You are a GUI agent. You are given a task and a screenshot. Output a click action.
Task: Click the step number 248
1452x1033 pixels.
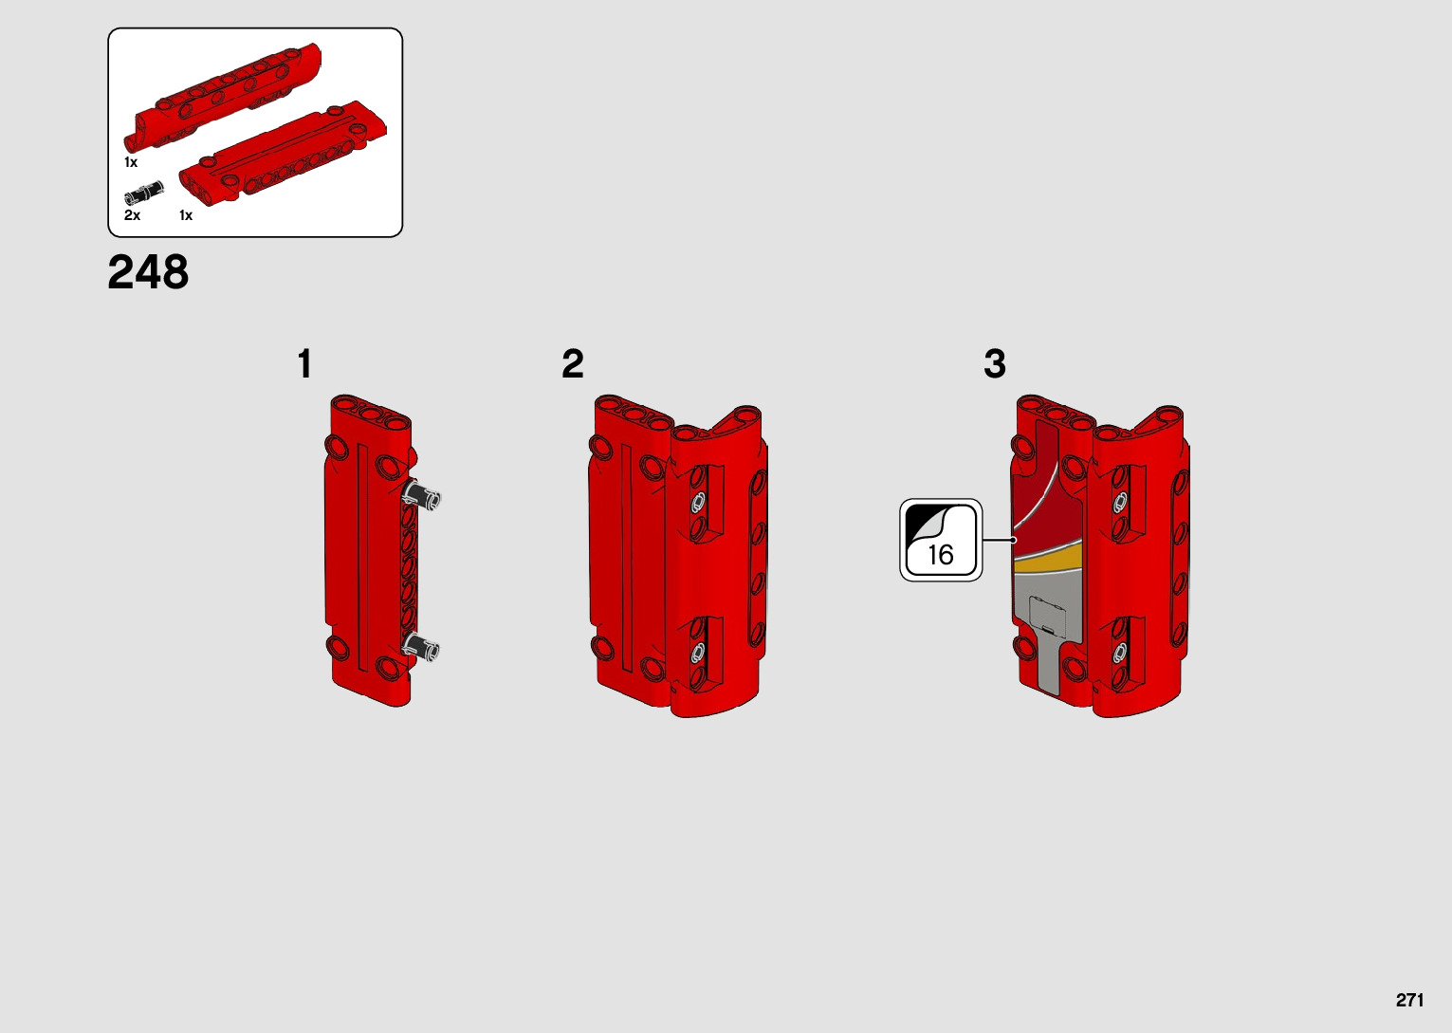point(148,271)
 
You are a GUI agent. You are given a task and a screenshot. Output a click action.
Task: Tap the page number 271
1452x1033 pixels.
point(1409,1000)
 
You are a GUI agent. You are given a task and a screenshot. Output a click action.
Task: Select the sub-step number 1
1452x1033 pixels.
point(304,364)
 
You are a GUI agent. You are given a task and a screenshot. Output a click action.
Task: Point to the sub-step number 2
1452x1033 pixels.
point(573,364)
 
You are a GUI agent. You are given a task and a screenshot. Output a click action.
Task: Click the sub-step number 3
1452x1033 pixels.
point(995,364)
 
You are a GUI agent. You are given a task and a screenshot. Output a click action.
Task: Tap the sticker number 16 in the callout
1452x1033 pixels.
point(941,555)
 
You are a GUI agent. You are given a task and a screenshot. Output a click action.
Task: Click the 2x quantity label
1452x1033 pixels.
point(132,215)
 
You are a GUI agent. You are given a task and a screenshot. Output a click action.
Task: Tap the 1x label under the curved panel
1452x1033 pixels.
point(131,162)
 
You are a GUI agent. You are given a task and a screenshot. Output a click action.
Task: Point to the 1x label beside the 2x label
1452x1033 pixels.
point(186,215)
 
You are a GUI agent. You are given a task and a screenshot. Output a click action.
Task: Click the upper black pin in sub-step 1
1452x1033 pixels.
point(421,495)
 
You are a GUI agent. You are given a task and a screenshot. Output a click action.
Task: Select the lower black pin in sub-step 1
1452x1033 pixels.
point(420,646)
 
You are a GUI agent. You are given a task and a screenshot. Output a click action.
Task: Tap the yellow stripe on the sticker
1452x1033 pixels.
point(1048,561)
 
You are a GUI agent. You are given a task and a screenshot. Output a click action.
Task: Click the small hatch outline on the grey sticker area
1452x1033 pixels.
point(1048,615)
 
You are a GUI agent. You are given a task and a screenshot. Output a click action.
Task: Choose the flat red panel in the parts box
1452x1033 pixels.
point(284,153)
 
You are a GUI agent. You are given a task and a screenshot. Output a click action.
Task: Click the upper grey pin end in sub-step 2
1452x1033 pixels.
point(699,501)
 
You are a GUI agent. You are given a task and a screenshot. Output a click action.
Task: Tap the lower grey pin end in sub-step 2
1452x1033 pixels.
point(697,653)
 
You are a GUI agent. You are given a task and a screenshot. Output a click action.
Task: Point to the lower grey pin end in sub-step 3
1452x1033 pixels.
point(1120,653)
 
